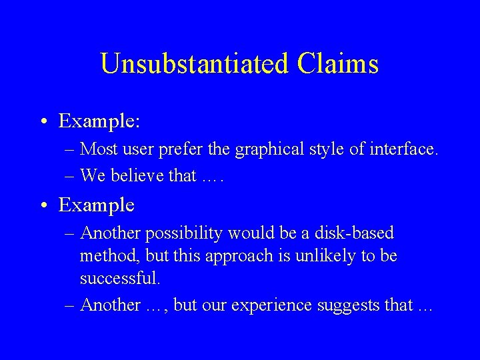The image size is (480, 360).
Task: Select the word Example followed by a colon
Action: click(x=99, y=121)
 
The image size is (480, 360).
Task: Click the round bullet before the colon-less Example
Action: click(x=43, y=205)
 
